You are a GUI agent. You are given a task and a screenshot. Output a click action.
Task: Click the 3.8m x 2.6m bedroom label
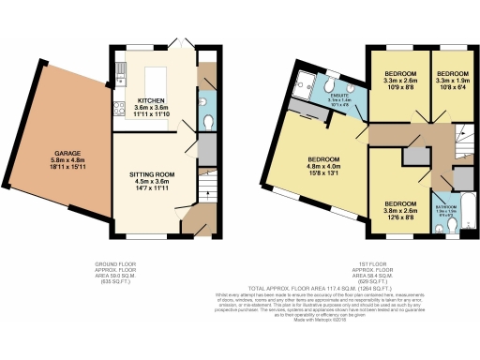pos(399,208)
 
